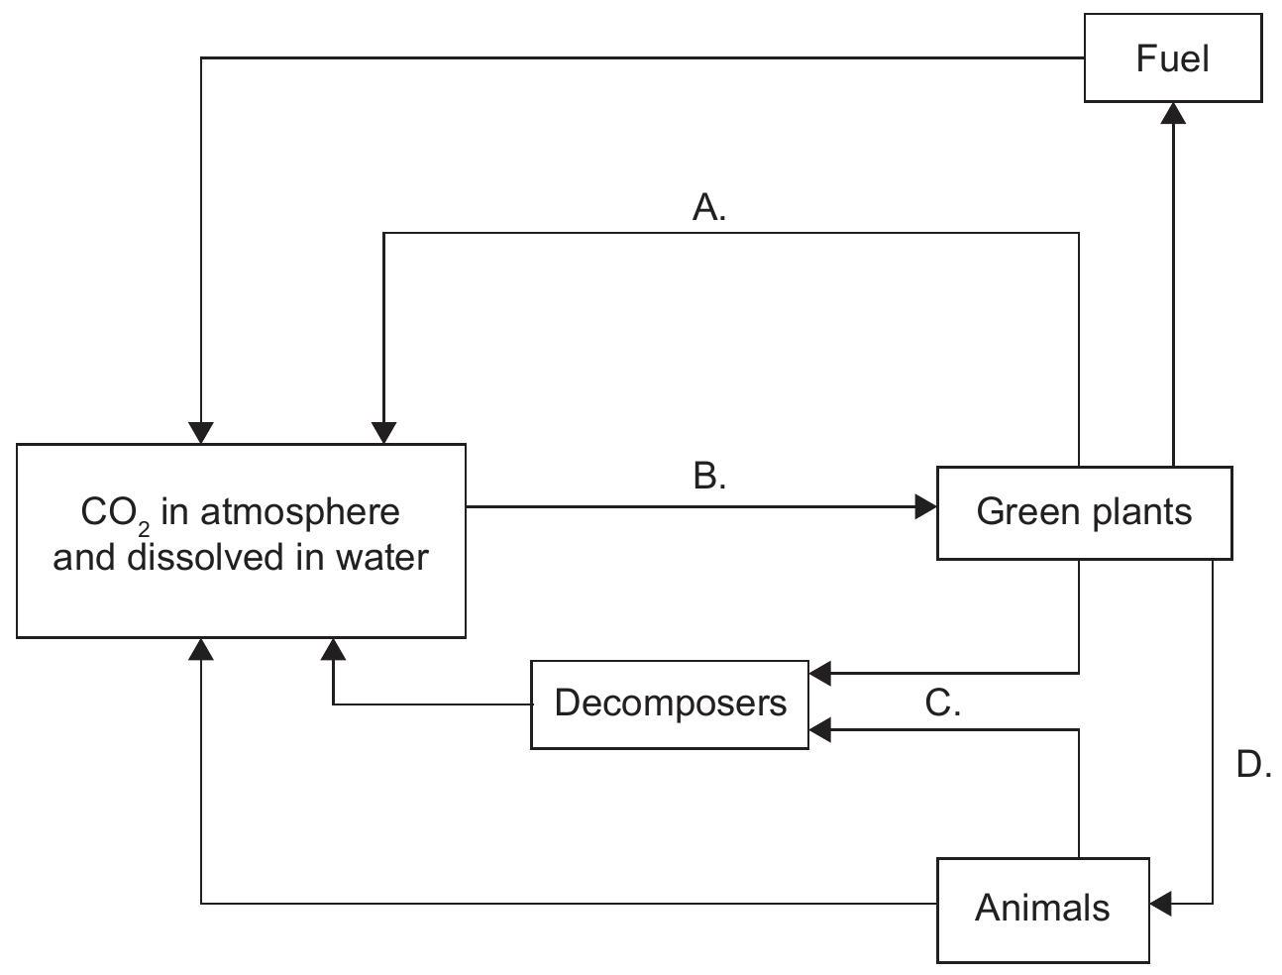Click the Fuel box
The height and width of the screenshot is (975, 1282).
(x=1173, y=58)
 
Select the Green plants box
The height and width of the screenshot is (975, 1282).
(x=1084, y=512)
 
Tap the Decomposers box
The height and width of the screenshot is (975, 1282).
(x=670, y=704)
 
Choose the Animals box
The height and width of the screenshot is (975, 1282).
(x=1042, y=909)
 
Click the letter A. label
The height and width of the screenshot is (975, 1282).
(x=709, y=208)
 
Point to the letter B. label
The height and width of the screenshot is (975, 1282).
(x=709, y=477)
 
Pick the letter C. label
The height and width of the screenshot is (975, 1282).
(x=942, y=704)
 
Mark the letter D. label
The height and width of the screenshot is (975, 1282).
(x=1254, y=765)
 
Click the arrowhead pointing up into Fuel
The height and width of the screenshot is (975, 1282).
(x=1173, y=112)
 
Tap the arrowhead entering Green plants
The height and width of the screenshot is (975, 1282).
(x=926, y=507)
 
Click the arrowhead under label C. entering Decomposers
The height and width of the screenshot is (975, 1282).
(x=820, y=731)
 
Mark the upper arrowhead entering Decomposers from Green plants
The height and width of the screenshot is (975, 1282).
(x=820, y=674)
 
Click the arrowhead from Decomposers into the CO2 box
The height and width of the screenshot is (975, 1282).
(x=334, y=649)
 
